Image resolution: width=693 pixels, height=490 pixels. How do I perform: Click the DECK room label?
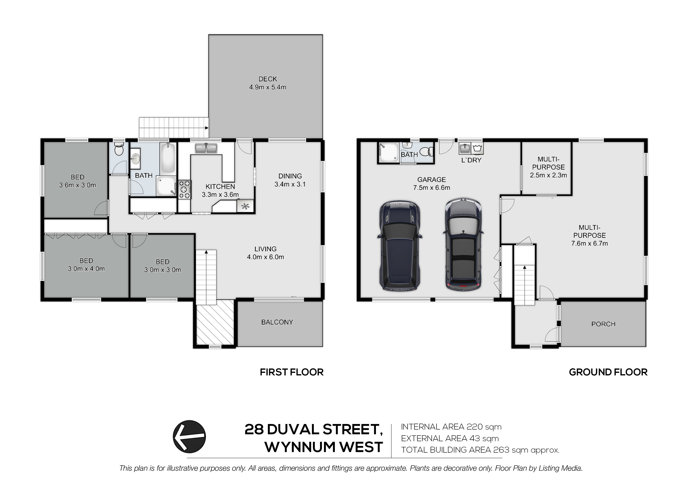point(268,79)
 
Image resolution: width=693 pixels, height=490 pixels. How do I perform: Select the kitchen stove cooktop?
point(185,189)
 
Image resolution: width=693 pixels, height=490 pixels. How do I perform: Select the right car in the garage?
point(463,244)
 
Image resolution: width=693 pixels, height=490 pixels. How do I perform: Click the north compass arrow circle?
point(189,437)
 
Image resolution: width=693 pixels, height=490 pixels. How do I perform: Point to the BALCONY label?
point(277,322)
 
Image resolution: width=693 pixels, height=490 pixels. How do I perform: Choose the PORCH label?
point(603,324)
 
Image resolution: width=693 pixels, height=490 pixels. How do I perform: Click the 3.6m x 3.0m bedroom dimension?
point(78,185)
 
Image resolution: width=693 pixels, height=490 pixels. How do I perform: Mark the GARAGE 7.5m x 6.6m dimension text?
point(432,188)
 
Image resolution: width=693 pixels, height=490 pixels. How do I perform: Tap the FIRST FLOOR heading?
point(292,372)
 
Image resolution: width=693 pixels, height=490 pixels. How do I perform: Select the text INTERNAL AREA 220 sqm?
point(451,427)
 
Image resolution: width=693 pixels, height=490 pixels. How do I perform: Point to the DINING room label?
point(290,176)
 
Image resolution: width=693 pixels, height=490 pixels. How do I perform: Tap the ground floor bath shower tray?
point(388,153)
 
